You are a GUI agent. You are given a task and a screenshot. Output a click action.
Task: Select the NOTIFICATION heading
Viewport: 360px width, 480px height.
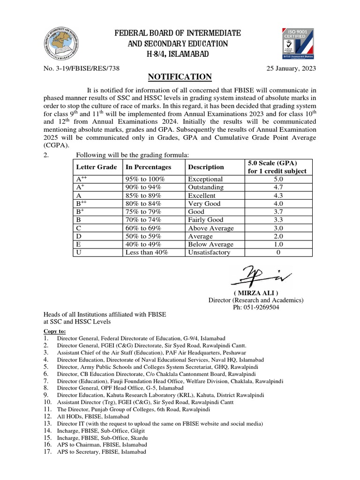pos(180,77)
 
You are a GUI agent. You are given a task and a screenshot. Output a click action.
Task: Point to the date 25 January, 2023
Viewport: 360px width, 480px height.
pos(291,68)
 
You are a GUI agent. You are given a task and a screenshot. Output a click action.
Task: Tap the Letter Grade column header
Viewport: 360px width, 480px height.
pos(96,167)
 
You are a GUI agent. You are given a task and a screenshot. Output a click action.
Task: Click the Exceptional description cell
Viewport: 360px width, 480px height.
pos(205,179)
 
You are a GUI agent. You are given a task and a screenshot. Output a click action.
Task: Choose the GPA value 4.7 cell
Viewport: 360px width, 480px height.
pos(278,187)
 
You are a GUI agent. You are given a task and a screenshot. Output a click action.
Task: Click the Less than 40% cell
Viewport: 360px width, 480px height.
pos(147,252)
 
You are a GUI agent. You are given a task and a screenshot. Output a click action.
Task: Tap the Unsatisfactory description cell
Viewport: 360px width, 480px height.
pos(209,252)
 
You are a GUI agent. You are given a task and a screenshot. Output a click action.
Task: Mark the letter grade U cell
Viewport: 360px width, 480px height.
pos(78,252)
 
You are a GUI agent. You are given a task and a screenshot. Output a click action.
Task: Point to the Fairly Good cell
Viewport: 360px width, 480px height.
pos(205,220)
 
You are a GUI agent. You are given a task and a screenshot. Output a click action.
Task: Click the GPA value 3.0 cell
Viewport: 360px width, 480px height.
pos(278,228)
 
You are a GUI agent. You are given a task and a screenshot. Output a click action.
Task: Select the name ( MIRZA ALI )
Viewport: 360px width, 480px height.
pos(255,293)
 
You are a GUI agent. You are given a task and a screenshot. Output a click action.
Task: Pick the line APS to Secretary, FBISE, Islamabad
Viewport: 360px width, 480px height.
pos(101,452)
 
